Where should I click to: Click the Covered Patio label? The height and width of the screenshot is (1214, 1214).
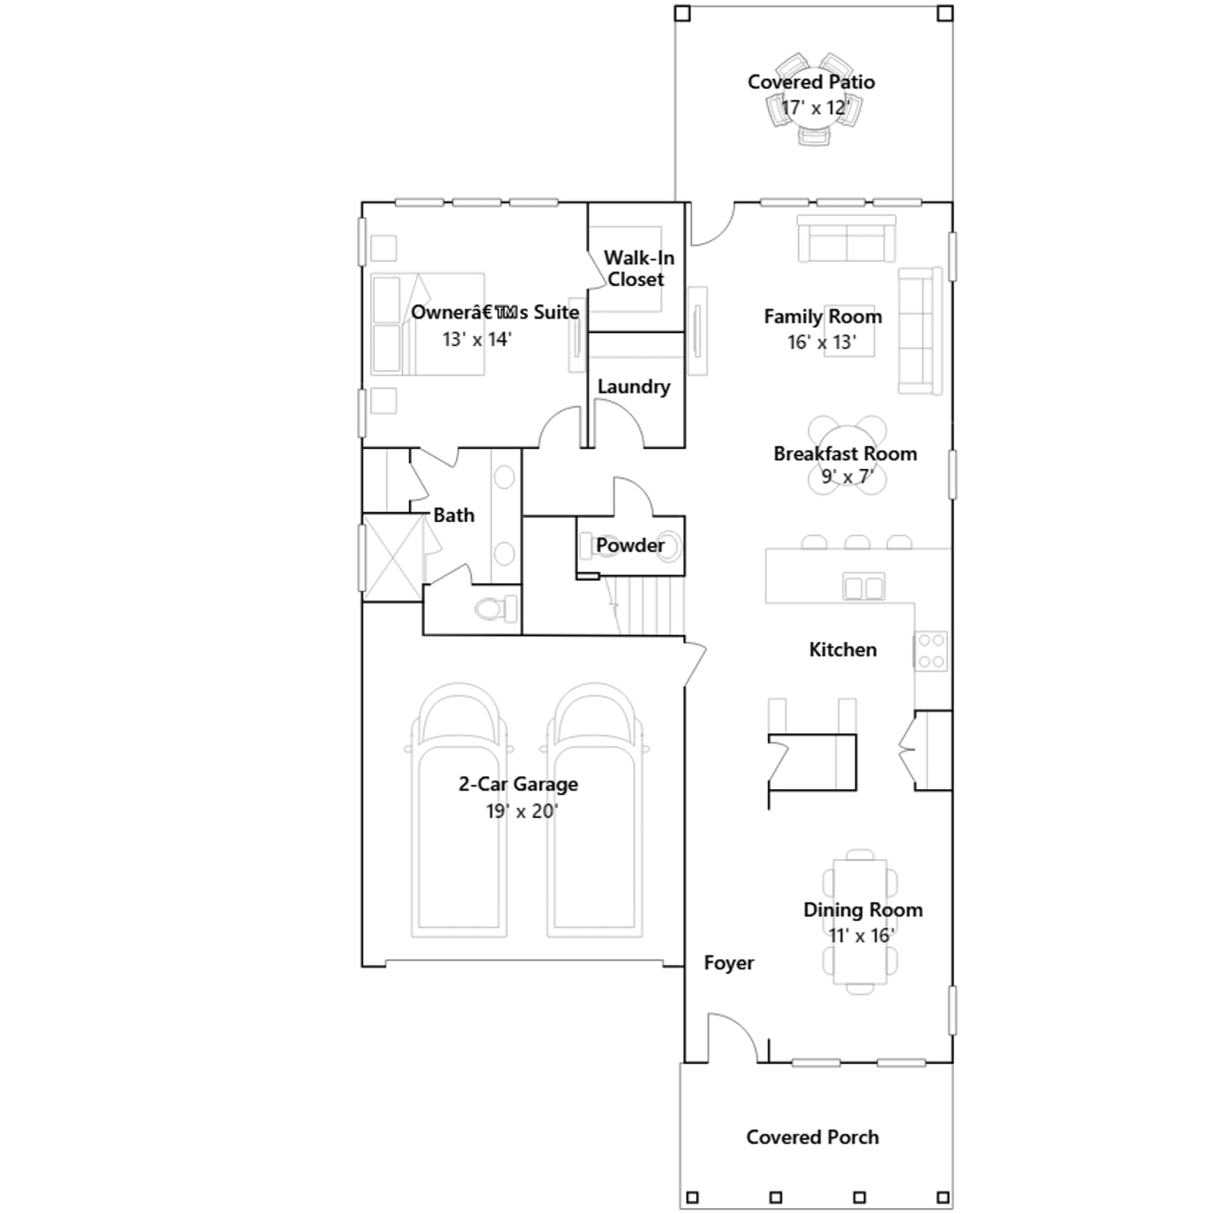(x=811, y=82)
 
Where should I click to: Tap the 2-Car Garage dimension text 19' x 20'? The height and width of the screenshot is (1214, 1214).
(x=522, y=811)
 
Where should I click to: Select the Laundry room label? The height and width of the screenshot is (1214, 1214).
(x=634, y=387)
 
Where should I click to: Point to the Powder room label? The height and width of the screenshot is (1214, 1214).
(x=630, y=545)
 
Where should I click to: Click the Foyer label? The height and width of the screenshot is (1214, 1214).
(x=728, y=963)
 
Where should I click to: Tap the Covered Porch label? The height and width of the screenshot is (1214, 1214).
(x=813, y=1137)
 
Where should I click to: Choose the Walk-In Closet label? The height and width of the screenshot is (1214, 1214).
(x=638, y=269)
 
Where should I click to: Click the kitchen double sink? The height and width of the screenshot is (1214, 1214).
(x=863, y=587)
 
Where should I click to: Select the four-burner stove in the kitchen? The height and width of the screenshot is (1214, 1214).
(x=931, y=651)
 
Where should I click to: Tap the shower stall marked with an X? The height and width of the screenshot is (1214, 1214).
(x=393, y=557)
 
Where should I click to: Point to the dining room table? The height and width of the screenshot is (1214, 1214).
(x=860, y=922)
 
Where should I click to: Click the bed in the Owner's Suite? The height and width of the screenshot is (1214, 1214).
(x=428, y=324)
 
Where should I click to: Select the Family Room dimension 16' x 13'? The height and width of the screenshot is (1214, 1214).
(x=822, y=342)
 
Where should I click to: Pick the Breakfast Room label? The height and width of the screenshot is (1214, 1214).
(x=845, y=454)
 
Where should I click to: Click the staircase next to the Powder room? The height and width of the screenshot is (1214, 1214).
(x=645, y=605)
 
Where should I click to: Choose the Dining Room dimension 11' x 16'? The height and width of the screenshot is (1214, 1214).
(x=861, y=936)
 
